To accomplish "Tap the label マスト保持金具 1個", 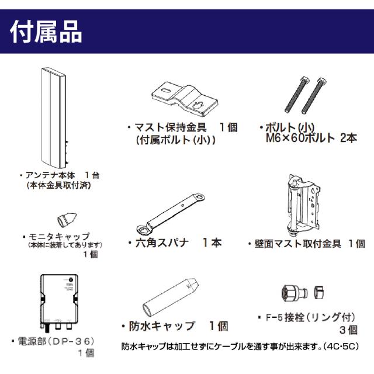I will pos(182,127).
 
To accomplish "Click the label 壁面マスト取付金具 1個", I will pos(307,244).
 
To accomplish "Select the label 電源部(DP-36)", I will pos(53,340).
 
